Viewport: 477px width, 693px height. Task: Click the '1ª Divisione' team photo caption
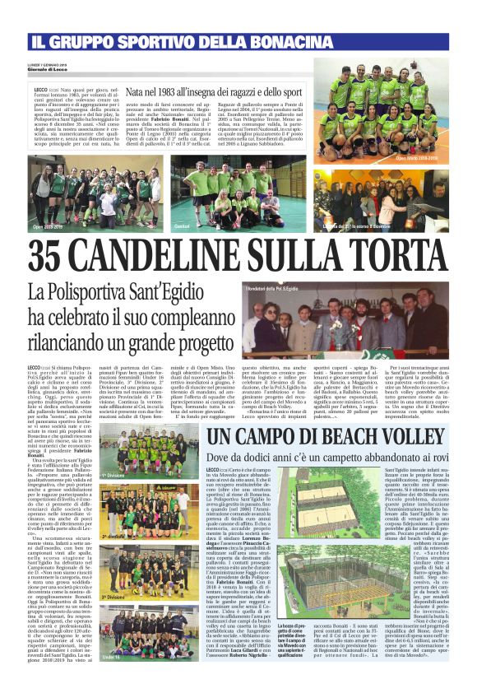pos(113,475)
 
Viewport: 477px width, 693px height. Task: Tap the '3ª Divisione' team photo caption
pos(113,574)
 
